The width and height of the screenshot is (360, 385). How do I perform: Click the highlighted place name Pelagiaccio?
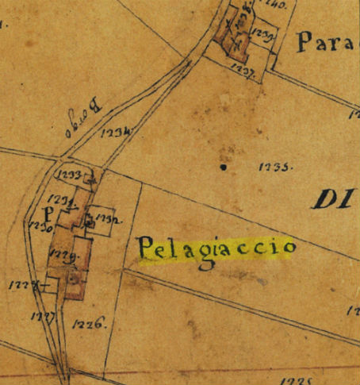pyautogui.click(x=216, y=248)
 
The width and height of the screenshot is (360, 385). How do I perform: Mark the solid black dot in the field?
pyautogui.click(x=224, y=167)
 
